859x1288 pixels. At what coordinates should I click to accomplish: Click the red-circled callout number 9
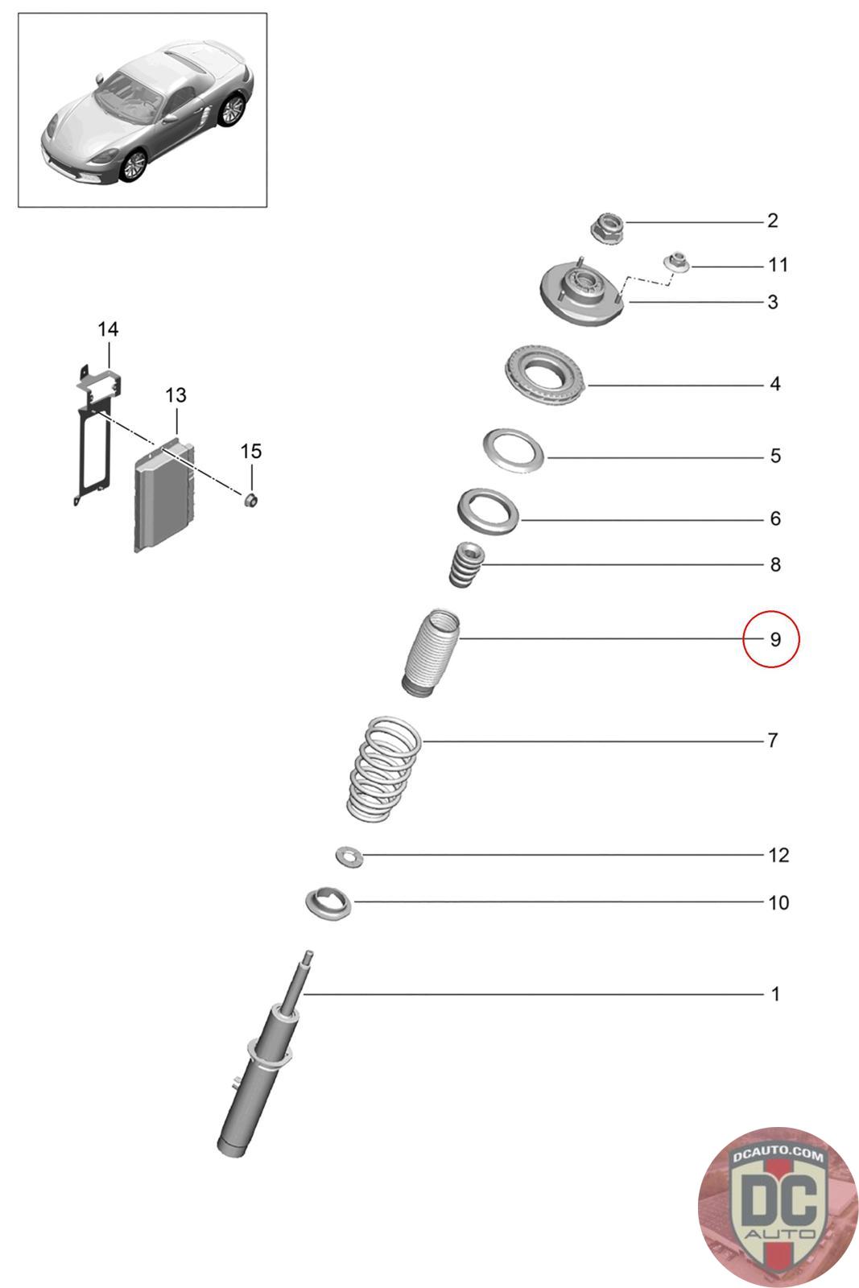tap(771, 639)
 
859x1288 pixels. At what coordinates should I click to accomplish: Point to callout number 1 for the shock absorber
tap(774, 994)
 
